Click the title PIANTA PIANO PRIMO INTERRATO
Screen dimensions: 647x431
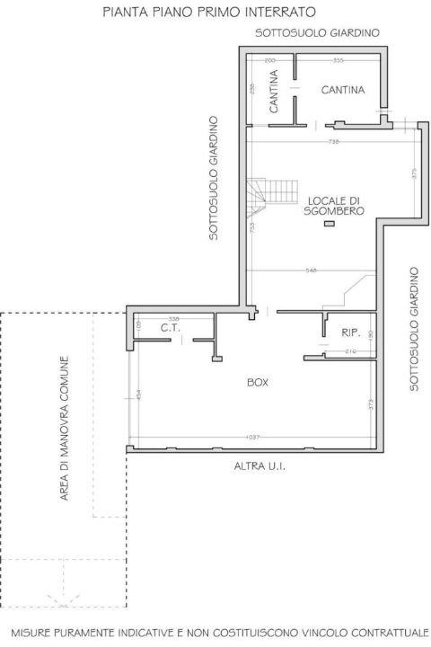tap(208, 13)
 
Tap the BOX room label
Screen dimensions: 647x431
tap(258, 383)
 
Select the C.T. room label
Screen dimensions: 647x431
tap(171, 329)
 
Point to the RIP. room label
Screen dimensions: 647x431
tap(350, 333)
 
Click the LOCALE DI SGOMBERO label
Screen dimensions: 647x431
tap(333, 206)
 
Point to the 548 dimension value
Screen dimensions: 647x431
tap(312, 270)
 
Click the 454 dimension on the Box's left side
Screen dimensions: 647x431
tap(139, 393)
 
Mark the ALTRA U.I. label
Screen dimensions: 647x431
tap(259, 466)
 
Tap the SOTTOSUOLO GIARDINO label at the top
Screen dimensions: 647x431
tap(317, 32)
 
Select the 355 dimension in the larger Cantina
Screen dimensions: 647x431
tap(338, 60)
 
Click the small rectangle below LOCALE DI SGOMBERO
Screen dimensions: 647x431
tap(328, 224)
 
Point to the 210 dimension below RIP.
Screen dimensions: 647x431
tap(352, 351)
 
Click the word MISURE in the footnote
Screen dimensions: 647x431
tap(33, 632)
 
